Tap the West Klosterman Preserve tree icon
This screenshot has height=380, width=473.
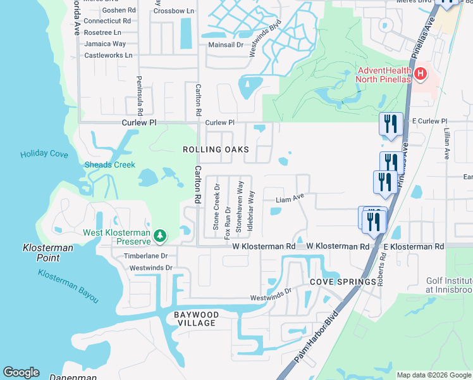tap(161, 236)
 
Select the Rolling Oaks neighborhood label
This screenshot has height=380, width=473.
tap(216, 149)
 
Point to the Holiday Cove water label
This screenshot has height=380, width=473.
tap(44, 153)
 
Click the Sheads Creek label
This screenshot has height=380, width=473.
tap(110, 165)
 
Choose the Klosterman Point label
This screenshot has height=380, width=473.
tap(48, 253)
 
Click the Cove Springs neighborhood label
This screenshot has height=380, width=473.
tap(334, 281)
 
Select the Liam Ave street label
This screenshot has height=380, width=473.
tap(290, 199)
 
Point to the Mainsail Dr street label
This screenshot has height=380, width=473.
tap(226, 45)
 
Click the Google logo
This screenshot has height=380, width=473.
tap(21, 373)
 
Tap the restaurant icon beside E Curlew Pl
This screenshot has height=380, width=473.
tap(390, 123)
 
